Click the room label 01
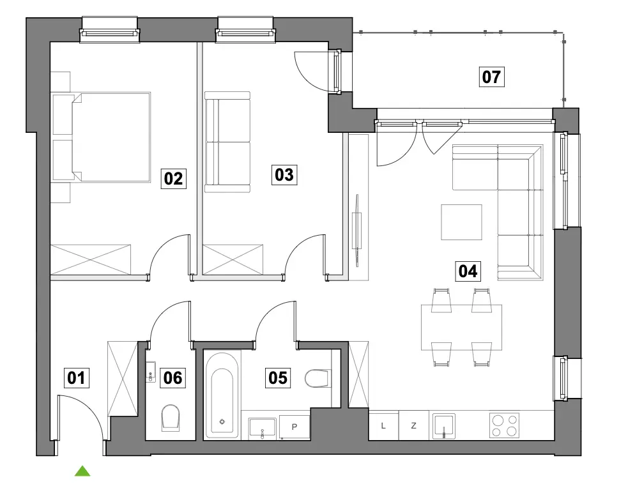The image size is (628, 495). (77, 377)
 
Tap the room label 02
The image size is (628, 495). (173, 178)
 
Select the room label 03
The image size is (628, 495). (284, 175)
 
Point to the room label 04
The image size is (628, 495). (468, 271)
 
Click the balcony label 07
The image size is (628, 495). (491, 77)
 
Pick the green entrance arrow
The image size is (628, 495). (82, 471)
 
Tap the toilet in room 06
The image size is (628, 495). (170, 418)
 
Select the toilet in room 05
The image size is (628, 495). (318, 379)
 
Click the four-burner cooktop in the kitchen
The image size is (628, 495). (504, 425)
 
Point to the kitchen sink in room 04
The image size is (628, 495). (444, 426)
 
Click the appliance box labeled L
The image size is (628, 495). (384, 425)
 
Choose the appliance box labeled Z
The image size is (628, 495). (414, 425)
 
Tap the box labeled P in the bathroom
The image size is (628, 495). (295, 427)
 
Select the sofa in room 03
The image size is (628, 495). (227, 142)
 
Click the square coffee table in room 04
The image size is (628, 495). (461, 222)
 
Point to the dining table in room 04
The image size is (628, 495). (461, 328)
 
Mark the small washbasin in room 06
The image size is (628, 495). (151, 372)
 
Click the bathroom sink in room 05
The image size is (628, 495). (263, 427)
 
